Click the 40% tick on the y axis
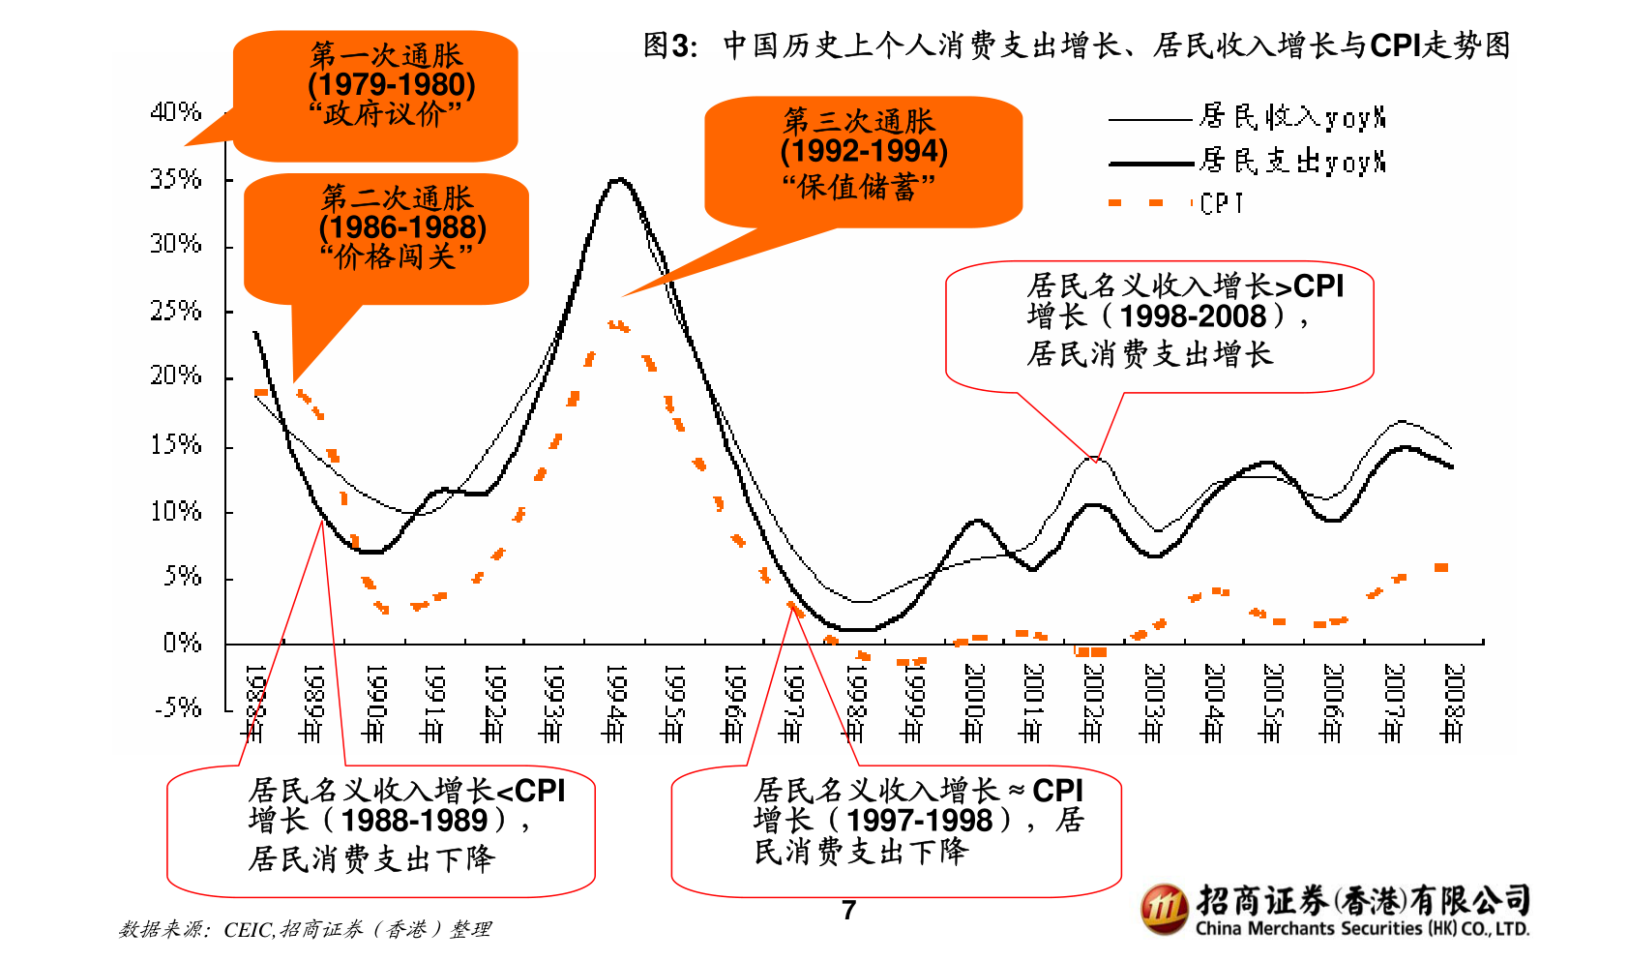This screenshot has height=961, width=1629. pos(175,112)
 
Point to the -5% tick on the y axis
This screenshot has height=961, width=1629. pos(178,707)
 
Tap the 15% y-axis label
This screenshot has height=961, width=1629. pos(175,445)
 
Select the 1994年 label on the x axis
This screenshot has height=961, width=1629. pos(612,703)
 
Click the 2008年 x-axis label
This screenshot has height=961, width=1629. pos(1451,703)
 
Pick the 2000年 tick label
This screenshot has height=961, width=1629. pos(972,703)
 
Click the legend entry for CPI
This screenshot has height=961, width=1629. pos(1221,203)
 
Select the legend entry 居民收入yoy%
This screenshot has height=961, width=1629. pos(1291,117)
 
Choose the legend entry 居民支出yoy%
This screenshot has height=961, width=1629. pos(1291,161)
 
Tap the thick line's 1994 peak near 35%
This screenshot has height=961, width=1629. pos(619,179)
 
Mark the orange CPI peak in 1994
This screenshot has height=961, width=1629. pos(617,326)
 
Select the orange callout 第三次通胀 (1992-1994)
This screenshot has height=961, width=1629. pos(863,161)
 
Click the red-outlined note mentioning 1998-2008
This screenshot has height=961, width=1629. pos(1159,325)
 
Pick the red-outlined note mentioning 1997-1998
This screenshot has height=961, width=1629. pos(896,829)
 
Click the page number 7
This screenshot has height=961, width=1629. pos(848,911)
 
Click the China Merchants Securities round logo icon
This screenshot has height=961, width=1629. pos(1164,909)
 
